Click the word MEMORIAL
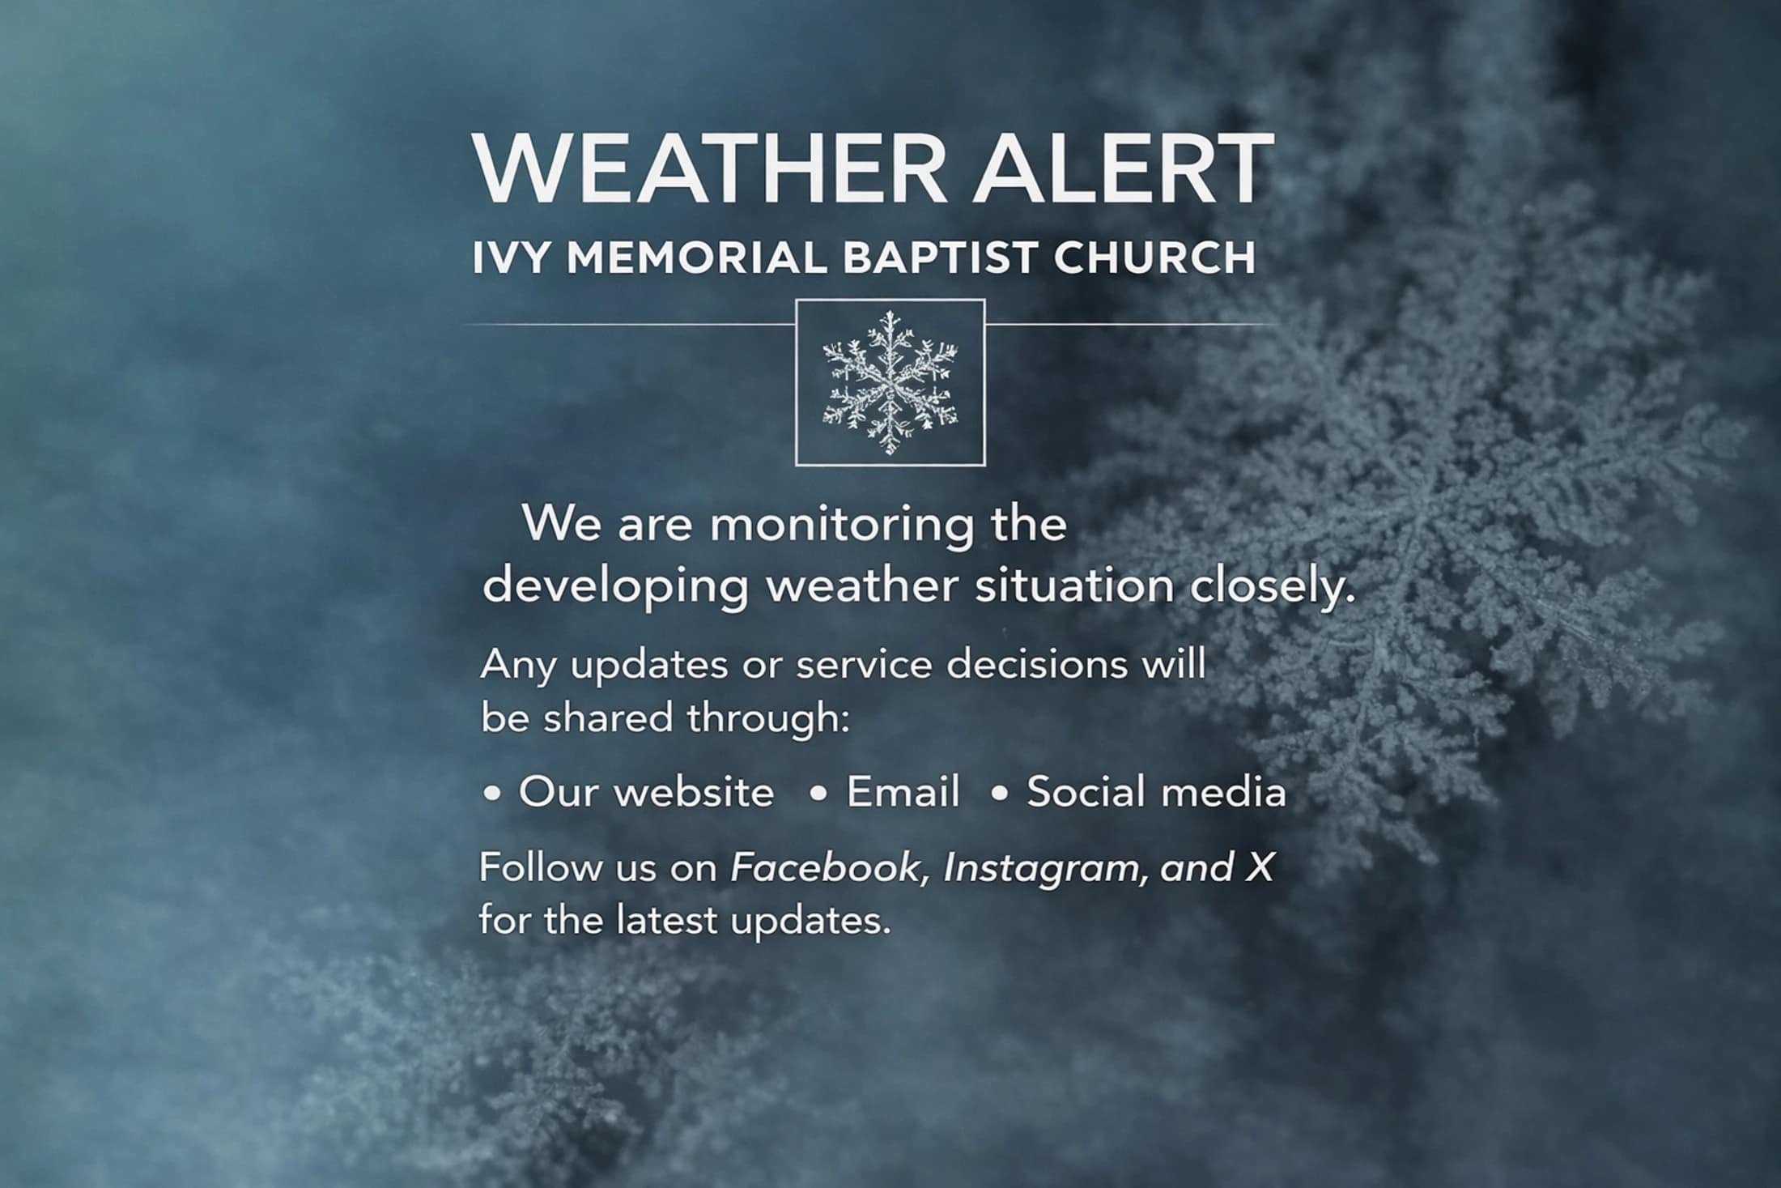[x=697, y=258]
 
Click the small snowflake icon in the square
[x=890, y=382]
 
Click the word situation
[x=1074, y=585]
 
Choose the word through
[x=768, y=719]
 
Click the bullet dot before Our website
[x=491, y=794]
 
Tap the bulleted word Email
[x=903, y=792]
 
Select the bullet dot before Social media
[x=1000, y=794]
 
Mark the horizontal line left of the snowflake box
[x=631, y=324]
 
